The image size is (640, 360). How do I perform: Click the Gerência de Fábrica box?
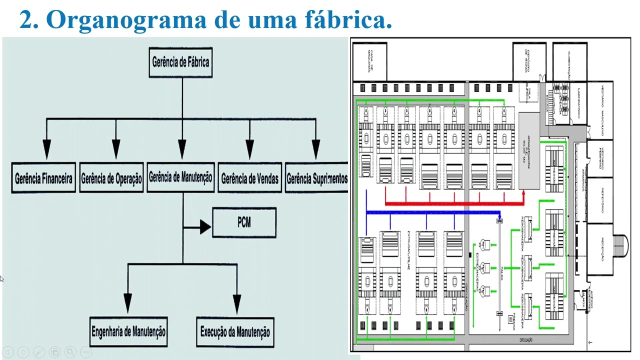tap(180, 62)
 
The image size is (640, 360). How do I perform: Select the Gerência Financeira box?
tap(43, 178)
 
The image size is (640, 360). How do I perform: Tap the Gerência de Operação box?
tap(111, 178)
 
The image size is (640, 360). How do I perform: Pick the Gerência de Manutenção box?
tap(180, 177)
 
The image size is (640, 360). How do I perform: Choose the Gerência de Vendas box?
tap(249, 178)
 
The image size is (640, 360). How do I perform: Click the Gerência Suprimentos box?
tap(316, 178)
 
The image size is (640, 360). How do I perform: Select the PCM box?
tap(244, 222)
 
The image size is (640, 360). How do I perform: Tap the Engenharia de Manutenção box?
tap(128, 331)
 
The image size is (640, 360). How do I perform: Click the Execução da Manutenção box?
tap(235, 331)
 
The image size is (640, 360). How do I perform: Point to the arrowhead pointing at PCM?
tap(205, 227)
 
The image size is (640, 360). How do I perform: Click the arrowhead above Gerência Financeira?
tap(46, 149)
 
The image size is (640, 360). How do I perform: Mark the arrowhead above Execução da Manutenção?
tap(237, 303)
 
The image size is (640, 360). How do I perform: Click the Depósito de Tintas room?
tap(529, 61)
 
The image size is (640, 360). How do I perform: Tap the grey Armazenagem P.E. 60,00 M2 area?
tap(529, 150)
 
